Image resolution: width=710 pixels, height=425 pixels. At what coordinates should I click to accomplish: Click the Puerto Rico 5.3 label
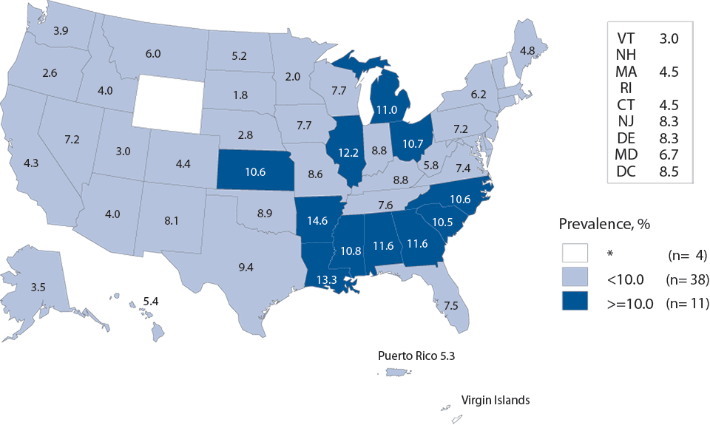point(416,355)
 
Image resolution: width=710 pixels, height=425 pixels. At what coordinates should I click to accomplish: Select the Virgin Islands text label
point(495,400)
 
